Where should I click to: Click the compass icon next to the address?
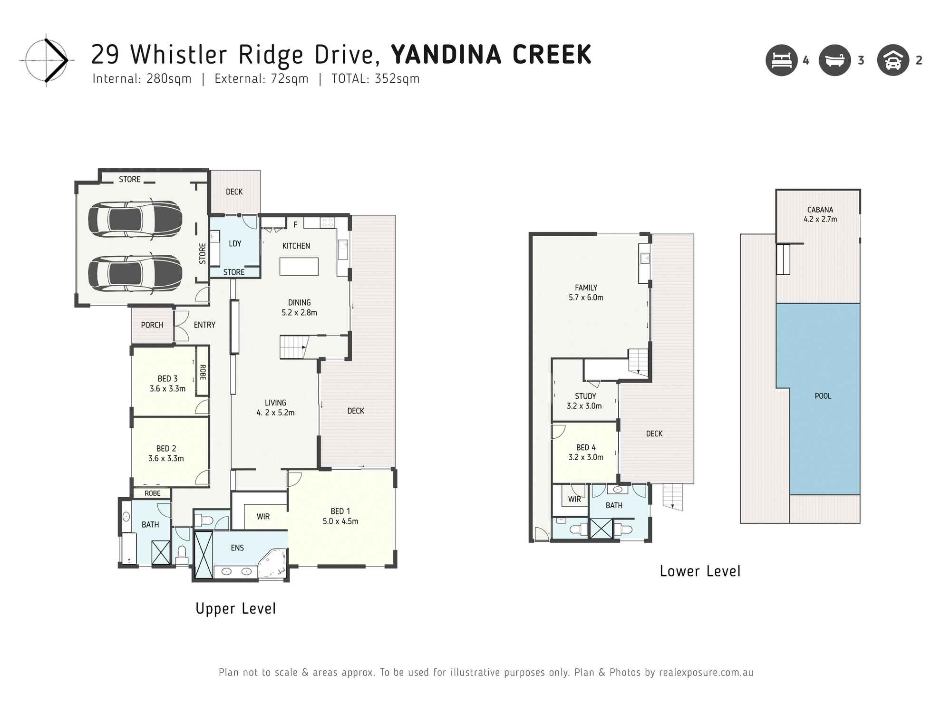click(46, 60)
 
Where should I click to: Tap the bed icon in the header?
click(781, 60)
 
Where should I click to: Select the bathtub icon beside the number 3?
click(835, 60)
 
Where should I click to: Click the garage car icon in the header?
click(893, 60)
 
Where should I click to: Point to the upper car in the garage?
click(135, 219)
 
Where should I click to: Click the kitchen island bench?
click(299, 266)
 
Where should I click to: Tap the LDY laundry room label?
click(235, 243)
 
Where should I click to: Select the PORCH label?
click(152, 325)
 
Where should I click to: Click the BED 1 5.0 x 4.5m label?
click(340, 516)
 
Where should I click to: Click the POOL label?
click(823, 396)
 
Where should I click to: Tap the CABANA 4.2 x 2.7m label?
click(820, 214)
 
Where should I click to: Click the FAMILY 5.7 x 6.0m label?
click(586, 292)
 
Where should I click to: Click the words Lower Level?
click(700, 571)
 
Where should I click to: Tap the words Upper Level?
click(236, 608)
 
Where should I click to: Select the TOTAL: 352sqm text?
click(375, 79)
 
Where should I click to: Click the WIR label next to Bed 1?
click(263, 517)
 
